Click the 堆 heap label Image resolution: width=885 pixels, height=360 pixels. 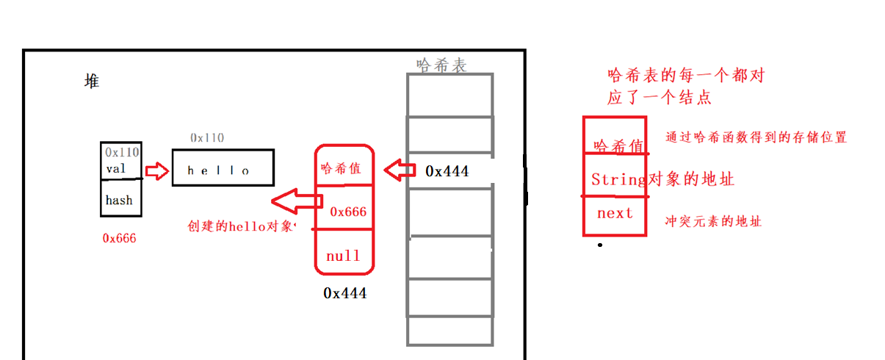[x=92, y=82]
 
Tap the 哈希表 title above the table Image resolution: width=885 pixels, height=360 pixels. [x=441, y=65]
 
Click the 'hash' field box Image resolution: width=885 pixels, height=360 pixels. [x=120, y=200]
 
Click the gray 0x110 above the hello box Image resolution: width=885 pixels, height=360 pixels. [x=208, y=137]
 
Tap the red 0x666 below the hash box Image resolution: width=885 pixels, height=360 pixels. [x=120, y=238]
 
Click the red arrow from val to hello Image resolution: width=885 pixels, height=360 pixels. [x=156, y=171]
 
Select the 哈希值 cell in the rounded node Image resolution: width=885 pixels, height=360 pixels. [x=342, y=168]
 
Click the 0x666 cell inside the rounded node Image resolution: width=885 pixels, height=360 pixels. [x=347, y=212]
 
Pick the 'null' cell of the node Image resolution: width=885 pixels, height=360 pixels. [x=343, y=256]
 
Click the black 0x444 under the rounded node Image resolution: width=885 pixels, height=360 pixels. [x=344, y=293]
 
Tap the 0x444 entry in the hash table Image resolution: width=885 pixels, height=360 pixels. [x=447, y=171]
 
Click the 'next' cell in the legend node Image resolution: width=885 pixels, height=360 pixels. [x=614, y=214]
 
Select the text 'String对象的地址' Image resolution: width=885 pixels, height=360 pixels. [x=662, y=179]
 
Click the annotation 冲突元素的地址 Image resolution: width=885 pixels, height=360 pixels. [x=713, y=220]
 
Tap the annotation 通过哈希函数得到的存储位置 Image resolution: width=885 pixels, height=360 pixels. [x=756, y=137]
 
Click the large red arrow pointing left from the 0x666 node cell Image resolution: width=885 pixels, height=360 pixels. [x=295, y=199]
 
